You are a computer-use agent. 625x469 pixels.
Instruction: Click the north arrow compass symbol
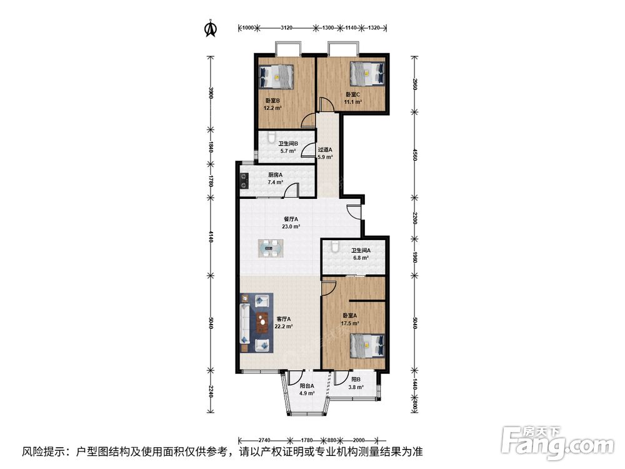click(x=211, y=28)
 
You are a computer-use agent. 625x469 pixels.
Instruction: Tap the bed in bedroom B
click(x=276, y=76)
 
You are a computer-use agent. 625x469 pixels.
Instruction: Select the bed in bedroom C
click(x=367, y=73)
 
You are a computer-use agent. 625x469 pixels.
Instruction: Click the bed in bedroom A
click(x=367, y=345)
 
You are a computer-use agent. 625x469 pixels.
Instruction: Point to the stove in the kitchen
click(x=244, y=181)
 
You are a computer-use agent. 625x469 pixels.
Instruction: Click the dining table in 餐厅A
click(x=271, y=248)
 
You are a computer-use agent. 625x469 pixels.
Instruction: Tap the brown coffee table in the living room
click(x=262, y=323)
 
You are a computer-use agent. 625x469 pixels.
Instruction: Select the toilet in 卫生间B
click(x=271, y=138)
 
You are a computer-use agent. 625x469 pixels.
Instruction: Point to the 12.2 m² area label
click(x=272, y=108)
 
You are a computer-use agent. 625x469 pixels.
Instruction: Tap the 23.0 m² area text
click(x=291, y=226)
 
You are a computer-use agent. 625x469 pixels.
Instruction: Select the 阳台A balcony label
click(x=307, y=386)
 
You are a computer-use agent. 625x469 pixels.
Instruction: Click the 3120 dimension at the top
click(x=287, y=28)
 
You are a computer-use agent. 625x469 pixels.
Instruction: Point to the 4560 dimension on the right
click(x=414, y=154)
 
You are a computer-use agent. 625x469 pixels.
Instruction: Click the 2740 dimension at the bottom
click(x=264, y=440)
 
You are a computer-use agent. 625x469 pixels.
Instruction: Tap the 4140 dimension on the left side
click(x=211, y=238)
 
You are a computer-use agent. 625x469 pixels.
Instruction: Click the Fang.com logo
click(x=557, y=443)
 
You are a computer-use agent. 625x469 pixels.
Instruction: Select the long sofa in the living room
click(x=244, y=323)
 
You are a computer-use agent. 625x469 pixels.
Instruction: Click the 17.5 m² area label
click(x=349, y=323)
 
